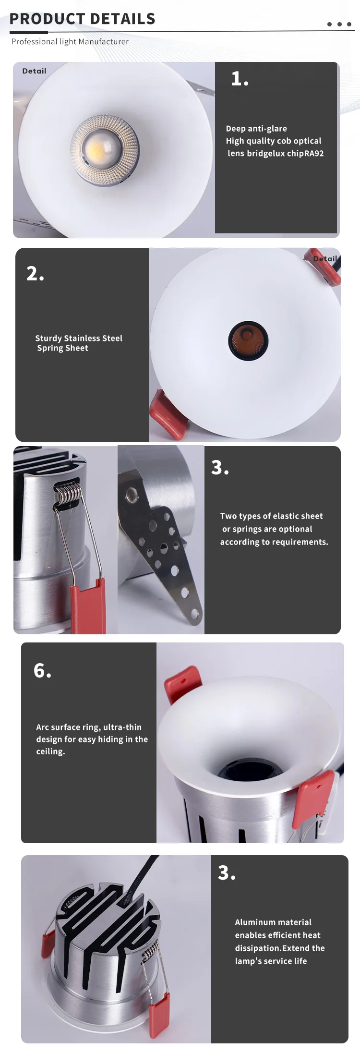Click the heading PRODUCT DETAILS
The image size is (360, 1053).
(83, 19)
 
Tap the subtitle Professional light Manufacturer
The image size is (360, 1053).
(70, 42)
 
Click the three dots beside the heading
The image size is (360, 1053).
(339, 24)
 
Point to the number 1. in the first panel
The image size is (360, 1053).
(240, 78)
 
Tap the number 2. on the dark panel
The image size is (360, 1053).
(35, 273)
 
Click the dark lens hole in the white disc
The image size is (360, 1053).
(248, 341)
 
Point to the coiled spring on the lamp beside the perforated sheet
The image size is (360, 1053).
(67, 494)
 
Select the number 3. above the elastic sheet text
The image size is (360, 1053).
(220, 467)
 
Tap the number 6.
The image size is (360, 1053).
(42, 670)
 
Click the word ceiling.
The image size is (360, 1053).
(50, 751)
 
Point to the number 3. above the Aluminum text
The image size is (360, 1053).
(227, 872)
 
